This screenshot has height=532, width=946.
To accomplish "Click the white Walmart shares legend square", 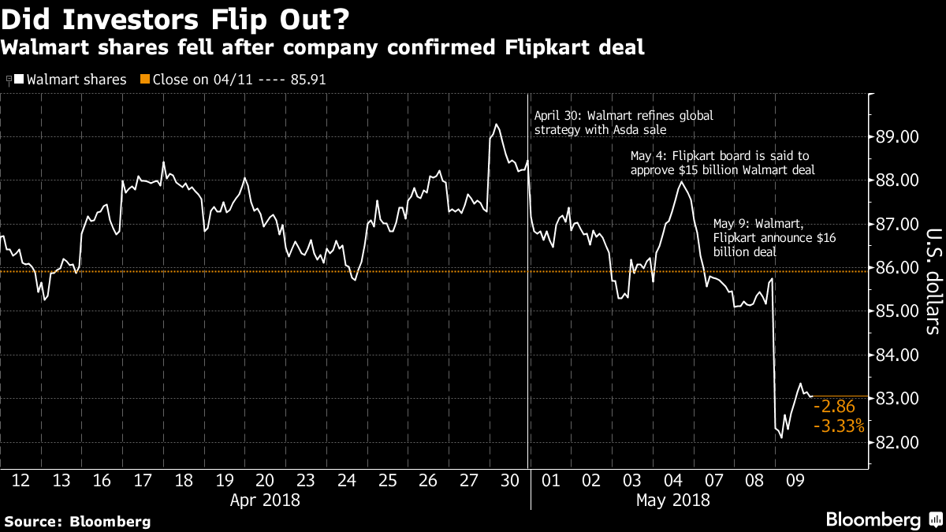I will (19, 79).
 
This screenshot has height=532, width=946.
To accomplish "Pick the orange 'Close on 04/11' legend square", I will (144, 79).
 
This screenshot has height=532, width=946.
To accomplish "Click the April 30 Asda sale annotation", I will (624, 122).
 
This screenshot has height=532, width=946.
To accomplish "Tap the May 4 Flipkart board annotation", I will (721, 163).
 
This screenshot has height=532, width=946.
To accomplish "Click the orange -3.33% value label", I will (839, 426).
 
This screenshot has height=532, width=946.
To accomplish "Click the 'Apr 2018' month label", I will (265, 499).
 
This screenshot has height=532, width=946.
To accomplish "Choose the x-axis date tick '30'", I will (510, 479).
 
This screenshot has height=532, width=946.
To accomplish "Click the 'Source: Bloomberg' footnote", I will (77, 521).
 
